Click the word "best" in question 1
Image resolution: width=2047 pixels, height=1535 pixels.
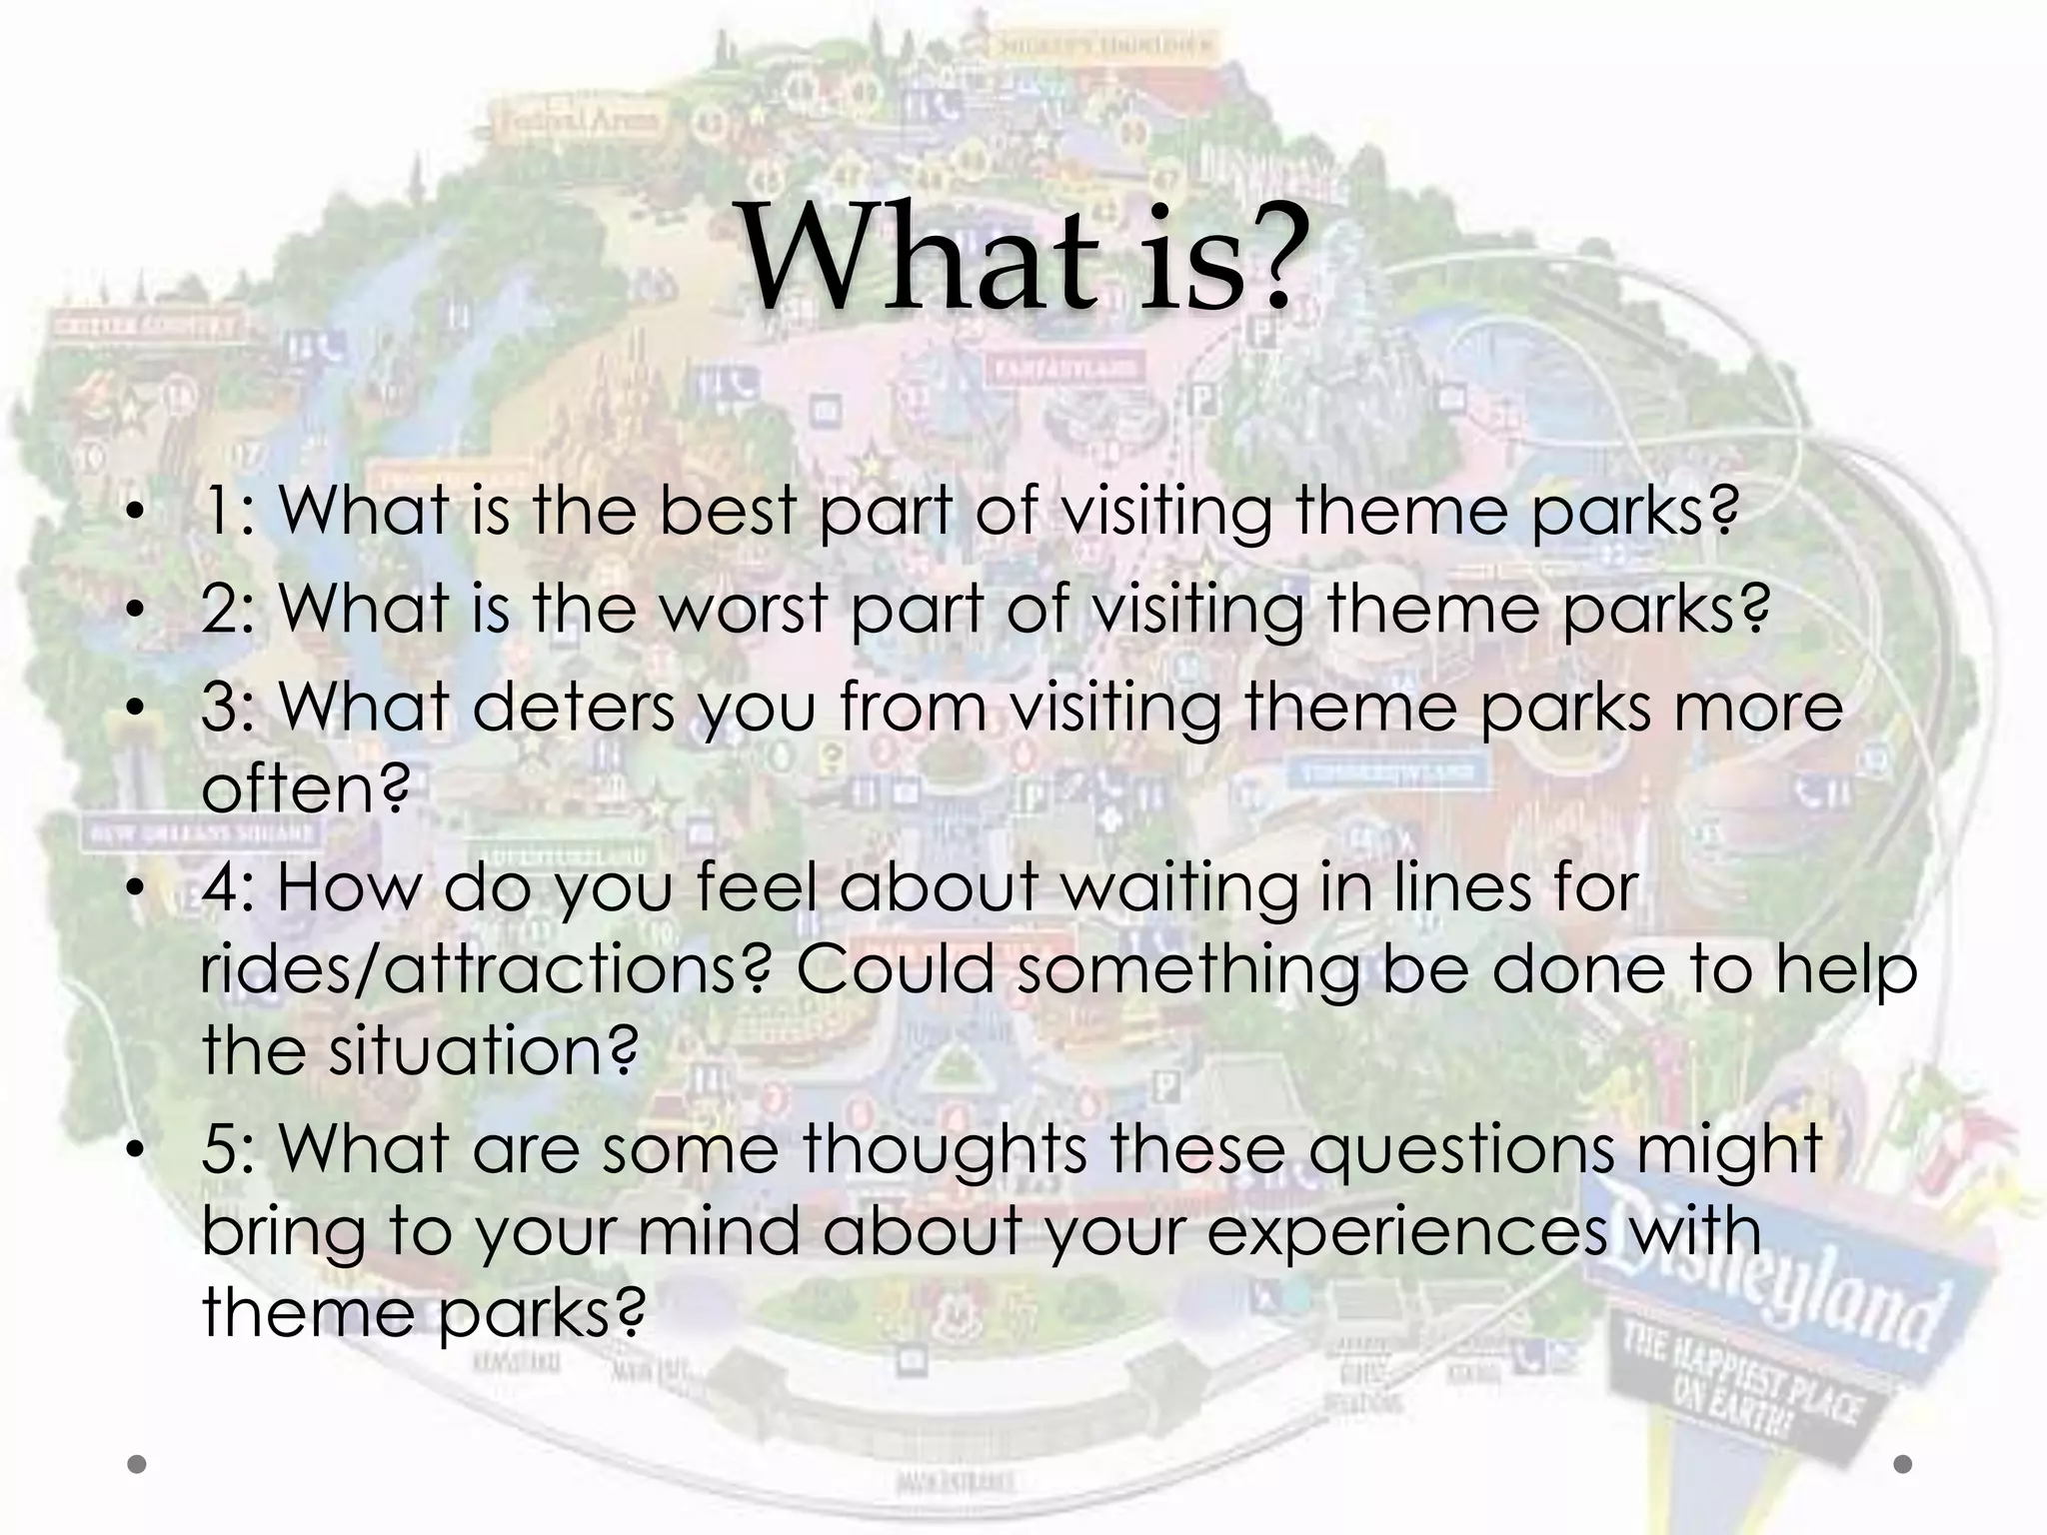pyautogui.click(x=727, y=511)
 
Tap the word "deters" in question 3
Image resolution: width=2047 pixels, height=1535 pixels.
pyautogui.click(x=573, y=707)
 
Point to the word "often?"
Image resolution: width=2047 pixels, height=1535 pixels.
pyautogui.click(x=306, y=788)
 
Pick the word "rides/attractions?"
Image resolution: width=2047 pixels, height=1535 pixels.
pyautogui.click(x=486, y=969)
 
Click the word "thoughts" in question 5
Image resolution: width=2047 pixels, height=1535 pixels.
pyautogui.click(x=944, y=1148)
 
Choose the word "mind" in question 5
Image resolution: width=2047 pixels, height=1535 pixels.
pyautogui.click(x=719, y=1230)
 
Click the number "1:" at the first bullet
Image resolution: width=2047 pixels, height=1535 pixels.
pyautogui.click(x=229, y=511)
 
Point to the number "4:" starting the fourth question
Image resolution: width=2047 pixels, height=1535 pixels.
pyautogui.click(x=229, y=887)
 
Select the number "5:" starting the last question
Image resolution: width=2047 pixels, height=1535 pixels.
pyautogui.click(x=229, y=1148)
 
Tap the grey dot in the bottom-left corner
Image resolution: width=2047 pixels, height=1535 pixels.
pyautogui.click(x=138, y=1464)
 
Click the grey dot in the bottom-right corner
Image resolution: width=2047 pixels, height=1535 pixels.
pyautogui.click(x=1903, y=1464)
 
